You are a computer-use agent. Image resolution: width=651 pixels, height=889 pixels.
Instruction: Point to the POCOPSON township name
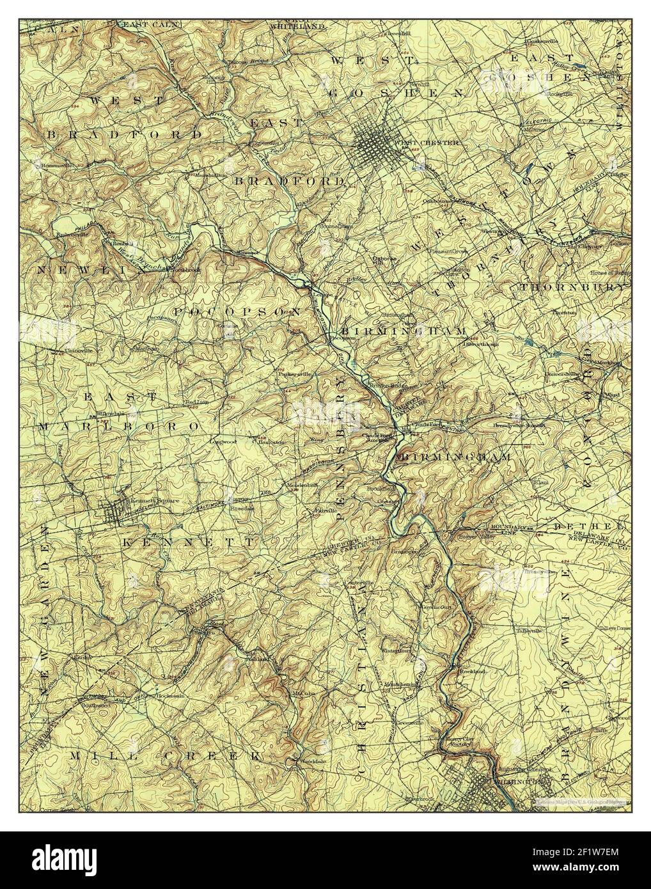[x=238, y=311]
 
